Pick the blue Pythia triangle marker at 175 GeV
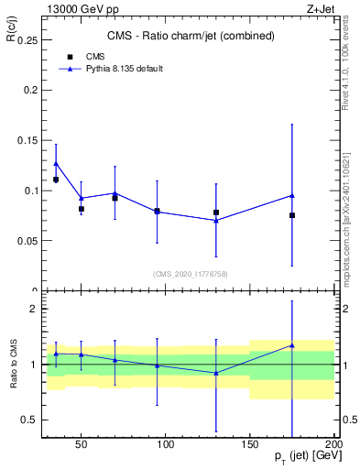[x=292, y=195]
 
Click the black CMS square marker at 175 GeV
[x=292, y=215]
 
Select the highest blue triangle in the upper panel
[x=56, y=164]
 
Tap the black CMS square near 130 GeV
[x=216, y=213]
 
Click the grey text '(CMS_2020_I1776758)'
[x=190, y=274]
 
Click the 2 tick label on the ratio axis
[x=33, y=309]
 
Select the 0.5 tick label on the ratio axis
[x=29, y=420]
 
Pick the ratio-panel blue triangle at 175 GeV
[x=292, y=345]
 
